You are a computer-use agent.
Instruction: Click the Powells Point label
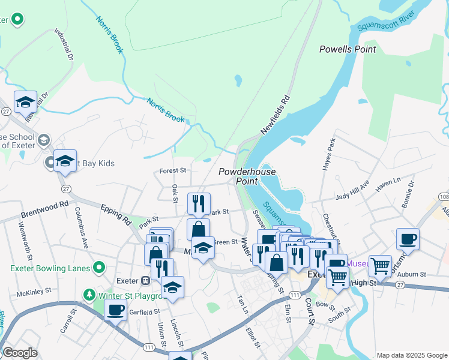[348, 49]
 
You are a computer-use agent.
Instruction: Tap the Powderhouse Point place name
[247, 176]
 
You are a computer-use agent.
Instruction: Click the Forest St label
[173, 170]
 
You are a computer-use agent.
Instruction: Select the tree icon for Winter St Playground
[89, 295]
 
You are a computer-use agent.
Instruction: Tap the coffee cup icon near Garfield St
[115, 310]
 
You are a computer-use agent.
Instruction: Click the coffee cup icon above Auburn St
[408, 238]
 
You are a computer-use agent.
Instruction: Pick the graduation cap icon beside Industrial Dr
[25, 102]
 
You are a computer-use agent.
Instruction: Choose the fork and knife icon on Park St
[198, 203]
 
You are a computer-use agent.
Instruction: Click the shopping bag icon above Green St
[198, 229]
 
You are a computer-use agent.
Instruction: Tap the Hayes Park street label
[330, 155]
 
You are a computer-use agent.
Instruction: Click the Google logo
[20, 353]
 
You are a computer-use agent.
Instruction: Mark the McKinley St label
[32, 293]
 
